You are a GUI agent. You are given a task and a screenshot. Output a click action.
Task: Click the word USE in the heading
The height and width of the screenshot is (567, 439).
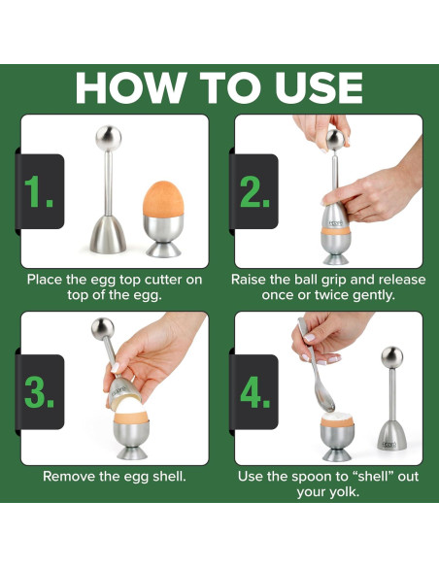point(319,88)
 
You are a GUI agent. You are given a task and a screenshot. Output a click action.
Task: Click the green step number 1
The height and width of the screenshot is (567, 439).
point(38,191)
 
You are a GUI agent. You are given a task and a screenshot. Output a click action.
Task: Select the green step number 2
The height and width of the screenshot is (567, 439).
point(254,191)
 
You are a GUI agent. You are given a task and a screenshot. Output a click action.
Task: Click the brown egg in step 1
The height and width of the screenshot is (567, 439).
point(163,199)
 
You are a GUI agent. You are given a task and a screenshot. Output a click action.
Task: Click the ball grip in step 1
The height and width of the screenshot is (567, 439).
point(109,138)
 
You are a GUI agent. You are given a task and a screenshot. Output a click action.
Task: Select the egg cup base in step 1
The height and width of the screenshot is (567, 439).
point(163,250)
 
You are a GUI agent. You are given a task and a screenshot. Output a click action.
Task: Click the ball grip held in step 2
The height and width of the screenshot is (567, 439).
point(335,140)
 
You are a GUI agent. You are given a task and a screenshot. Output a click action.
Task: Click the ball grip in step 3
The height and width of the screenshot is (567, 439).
point(103,328)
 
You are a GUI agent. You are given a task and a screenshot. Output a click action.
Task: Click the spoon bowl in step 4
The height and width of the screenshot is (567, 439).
point(324,398)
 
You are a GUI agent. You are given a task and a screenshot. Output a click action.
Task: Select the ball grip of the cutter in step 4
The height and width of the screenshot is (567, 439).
point(392,357)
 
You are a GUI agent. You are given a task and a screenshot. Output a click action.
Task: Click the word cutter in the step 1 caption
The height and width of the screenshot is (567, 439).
point(163,280)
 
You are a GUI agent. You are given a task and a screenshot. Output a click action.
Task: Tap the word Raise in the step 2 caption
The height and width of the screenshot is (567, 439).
point(248,280)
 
